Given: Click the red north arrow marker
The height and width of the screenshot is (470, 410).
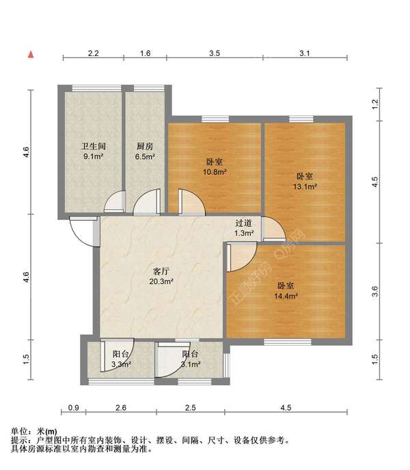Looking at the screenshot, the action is coord(31,55).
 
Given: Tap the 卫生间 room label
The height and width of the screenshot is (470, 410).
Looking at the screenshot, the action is coord(94,146).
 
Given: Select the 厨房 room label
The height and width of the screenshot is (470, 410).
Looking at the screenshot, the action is coord(145,146).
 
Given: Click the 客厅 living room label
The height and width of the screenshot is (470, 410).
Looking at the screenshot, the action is coord(161,271).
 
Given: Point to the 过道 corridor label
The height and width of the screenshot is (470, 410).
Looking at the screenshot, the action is coord(243,223).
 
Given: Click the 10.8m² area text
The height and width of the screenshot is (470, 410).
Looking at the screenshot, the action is coord(215,172).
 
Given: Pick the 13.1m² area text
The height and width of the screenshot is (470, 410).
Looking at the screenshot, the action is coord(305,186).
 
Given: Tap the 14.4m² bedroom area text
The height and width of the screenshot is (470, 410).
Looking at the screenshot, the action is coord(286,296).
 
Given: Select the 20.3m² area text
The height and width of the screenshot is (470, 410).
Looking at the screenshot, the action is coord(161,281).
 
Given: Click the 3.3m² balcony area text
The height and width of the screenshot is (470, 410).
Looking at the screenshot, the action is coord(121,365).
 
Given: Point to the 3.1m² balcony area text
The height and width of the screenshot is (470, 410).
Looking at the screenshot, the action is coord(191,365).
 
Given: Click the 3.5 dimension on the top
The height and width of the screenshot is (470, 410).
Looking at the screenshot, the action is coord(215,53).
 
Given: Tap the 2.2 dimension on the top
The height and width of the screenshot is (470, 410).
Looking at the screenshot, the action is coord(94,53).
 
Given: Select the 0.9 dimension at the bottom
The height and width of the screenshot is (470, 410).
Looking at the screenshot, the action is coord(74,408).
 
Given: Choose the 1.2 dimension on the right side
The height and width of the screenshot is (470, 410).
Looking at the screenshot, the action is coord(375,104).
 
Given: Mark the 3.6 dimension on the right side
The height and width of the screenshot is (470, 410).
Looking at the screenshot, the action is coord(375,291).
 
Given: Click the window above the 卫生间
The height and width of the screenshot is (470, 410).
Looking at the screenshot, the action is coord(96,88).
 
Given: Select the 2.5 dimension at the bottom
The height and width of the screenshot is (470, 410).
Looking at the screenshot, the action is coord(191,408).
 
